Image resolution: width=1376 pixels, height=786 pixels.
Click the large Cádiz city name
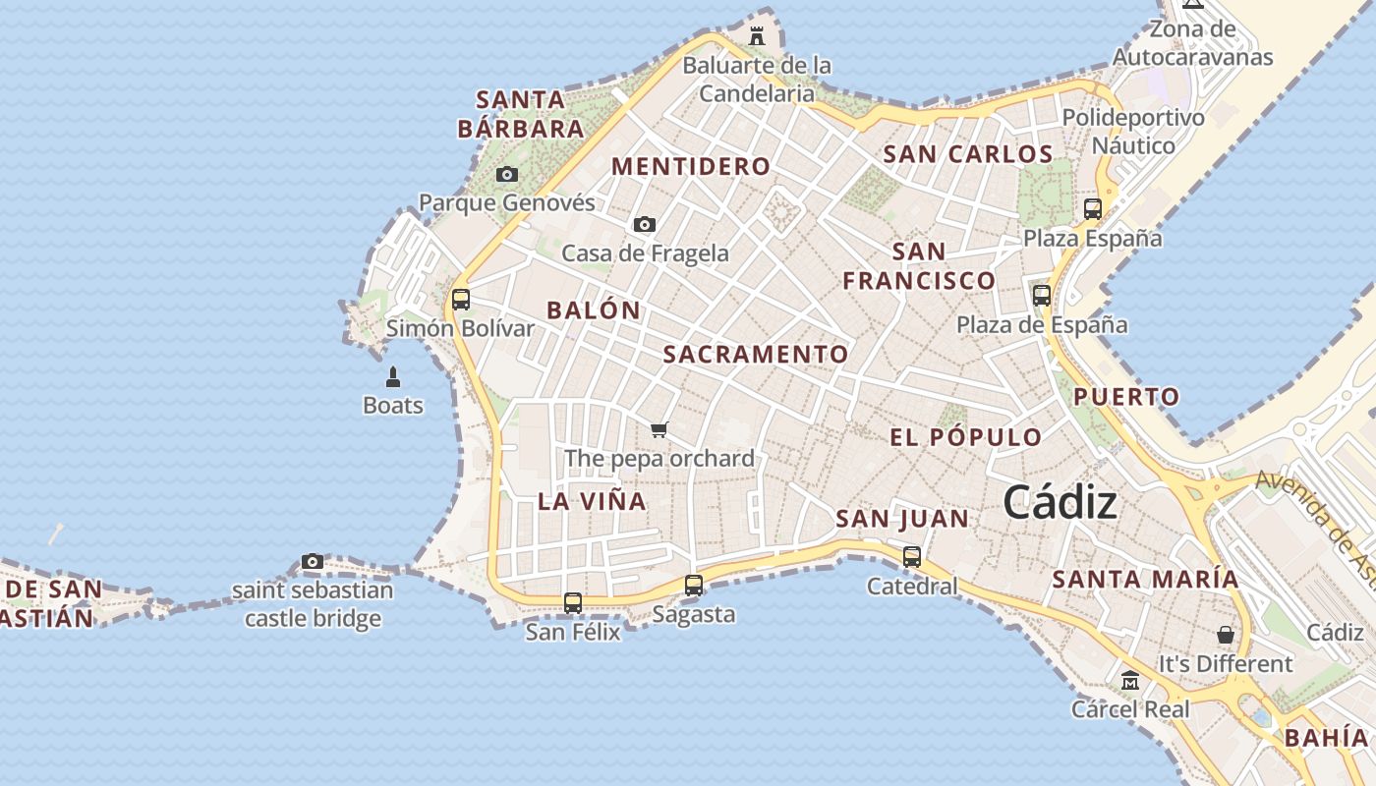pyautogui.click(x=1060, y=503)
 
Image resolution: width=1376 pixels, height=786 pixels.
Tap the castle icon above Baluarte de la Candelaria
pyautogui.click(x=757, y=36)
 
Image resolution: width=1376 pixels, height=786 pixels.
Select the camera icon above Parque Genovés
pyautogui.click(x=507, y=174)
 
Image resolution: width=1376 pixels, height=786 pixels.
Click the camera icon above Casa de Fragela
pyautogui.click(x=645, y=224)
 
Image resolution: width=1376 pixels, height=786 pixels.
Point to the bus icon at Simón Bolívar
pyautogui.click(x=460, y=300)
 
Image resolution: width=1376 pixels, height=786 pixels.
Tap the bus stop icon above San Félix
pyautogui.click(x=573, y=602)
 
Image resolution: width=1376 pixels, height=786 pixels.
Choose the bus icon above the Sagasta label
pyautogui.click(x=694, y=586)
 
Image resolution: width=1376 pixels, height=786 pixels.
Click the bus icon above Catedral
pyautogui.click(x=912, y=557)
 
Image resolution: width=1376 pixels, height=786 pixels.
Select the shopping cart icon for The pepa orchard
pyautogui.click(x=659, y=429)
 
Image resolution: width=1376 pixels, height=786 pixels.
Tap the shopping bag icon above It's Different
pyautogui.click(x=1225, y=635)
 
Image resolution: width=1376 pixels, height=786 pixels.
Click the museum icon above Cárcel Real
pyautogui.click(x=1130, y=680)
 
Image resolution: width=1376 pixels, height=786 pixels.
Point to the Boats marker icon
pyautogui.click(x=393, y=376)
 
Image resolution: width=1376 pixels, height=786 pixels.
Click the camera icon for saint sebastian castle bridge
pyautogui.click(x=313, y=562)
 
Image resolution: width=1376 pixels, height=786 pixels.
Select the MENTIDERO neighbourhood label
pyautogui.click(x=691, y=166)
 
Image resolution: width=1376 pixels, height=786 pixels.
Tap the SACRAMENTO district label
pyautogui.click(x=756, y=355)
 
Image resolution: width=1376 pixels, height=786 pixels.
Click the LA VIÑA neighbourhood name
pyautogui.click(x=592, y=501)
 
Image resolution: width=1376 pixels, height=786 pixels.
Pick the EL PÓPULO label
pyautogui.click(x=965, y=437)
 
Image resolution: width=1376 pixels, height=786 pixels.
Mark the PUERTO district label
pyautogui.click(x=1125, y=397)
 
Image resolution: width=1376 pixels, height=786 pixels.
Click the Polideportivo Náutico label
pyautogui.click(x=1133, y=132)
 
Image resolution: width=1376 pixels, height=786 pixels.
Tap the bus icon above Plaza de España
pyautogui.click(x=1042, y=295)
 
